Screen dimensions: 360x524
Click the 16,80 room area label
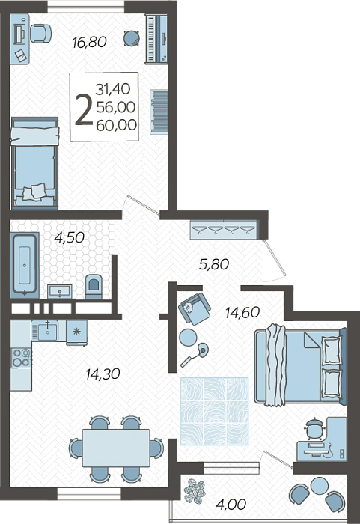tap(90, 42)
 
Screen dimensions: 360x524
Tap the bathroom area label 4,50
tap(69, 237)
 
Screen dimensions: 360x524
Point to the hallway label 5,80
tap(214, 264)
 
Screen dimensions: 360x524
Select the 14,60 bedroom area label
tap(242, 312)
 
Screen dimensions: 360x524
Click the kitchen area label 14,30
tap(103, 374)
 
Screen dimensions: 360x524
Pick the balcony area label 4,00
tap(231, 504)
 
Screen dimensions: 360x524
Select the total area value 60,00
tap(116, 125)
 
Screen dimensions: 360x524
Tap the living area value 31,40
tap(113, 89)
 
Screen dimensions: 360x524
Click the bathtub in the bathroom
tap(25, 265)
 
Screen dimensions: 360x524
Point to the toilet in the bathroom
tap(94, 287)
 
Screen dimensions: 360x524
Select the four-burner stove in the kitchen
tap(21, 357)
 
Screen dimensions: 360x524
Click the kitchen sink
tap(48, 331)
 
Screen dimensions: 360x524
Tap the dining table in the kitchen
tap(116, 448)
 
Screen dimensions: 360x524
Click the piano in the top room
tap(156, 38)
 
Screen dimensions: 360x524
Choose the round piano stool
tap(132, 38)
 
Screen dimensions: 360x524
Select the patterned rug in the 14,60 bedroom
tap(214, 412)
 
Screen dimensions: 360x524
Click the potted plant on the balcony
tap(195, 491)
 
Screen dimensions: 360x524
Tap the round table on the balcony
tap(320, 486)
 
